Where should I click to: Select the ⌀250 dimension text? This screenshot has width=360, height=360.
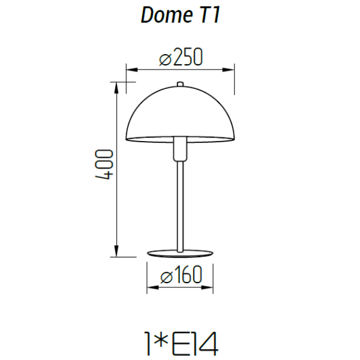181,58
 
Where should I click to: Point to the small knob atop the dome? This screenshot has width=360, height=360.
179,83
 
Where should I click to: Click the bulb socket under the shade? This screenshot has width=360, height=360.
179,149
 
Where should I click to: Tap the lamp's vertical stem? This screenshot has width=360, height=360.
179,204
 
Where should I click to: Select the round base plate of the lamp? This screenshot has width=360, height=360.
180,253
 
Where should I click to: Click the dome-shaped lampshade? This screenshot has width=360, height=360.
179,114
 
